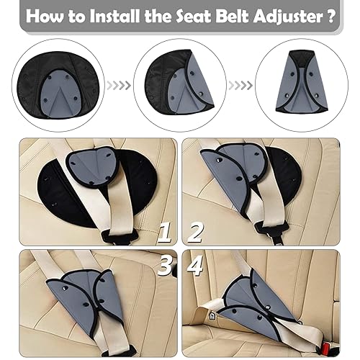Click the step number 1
165,233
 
